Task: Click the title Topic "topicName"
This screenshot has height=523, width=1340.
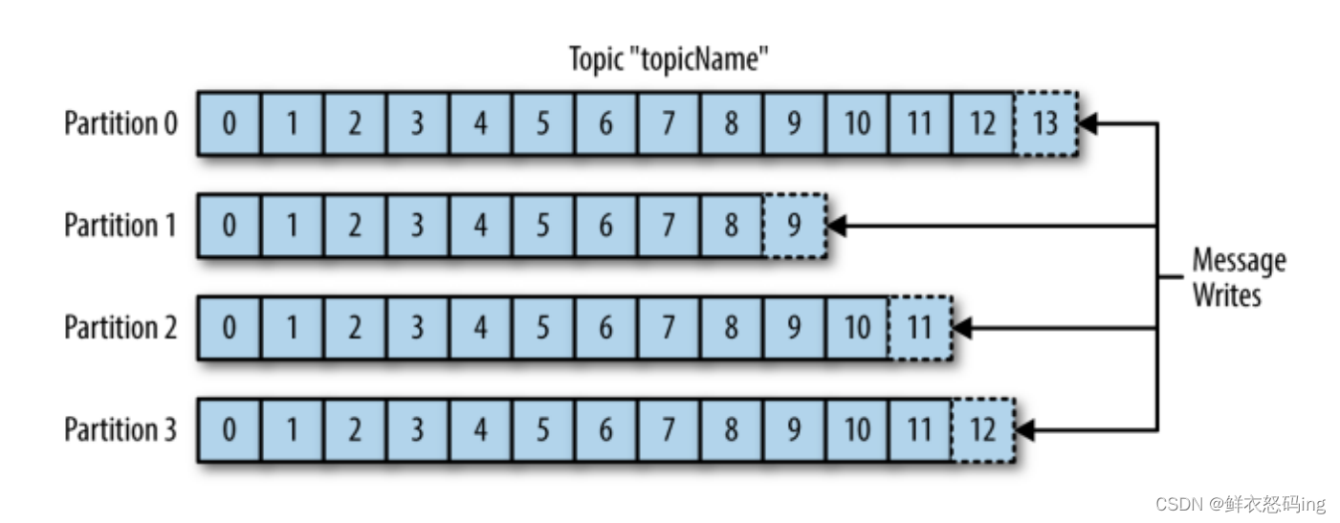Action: click(670, 60)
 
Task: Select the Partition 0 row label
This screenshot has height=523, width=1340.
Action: click(121, 123)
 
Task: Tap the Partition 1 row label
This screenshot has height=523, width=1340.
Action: click(121, 226)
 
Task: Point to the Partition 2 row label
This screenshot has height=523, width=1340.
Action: click(121, 328)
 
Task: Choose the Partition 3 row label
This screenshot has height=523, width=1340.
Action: click(121, 430)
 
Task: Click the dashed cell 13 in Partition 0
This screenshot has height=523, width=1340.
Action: click(1045, 123)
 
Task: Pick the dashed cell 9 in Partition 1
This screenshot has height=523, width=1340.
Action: click(794, 226)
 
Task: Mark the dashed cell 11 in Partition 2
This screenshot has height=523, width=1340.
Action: click(919, 328)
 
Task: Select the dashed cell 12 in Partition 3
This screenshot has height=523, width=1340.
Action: click(982, 430)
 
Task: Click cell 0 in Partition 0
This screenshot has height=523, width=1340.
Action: click(229, 123)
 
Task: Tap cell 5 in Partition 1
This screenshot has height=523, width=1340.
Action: click(542, 226)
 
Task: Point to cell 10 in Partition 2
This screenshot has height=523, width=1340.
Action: click(856, 328)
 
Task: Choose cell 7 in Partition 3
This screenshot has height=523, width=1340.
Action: click(668, 430)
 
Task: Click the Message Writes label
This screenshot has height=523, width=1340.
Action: click(1239, 277)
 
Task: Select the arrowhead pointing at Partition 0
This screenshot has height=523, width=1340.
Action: click(1087, 123)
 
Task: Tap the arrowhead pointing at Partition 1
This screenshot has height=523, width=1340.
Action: click(836, 226)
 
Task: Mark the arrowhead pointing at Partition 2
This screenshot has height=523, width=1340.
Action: click(962, 328)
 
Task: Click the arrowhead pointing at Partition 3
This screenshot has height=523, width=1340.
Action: click(1025, 430)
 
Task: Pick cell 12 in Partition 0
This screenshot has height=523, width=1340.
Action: click(982, 123)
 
